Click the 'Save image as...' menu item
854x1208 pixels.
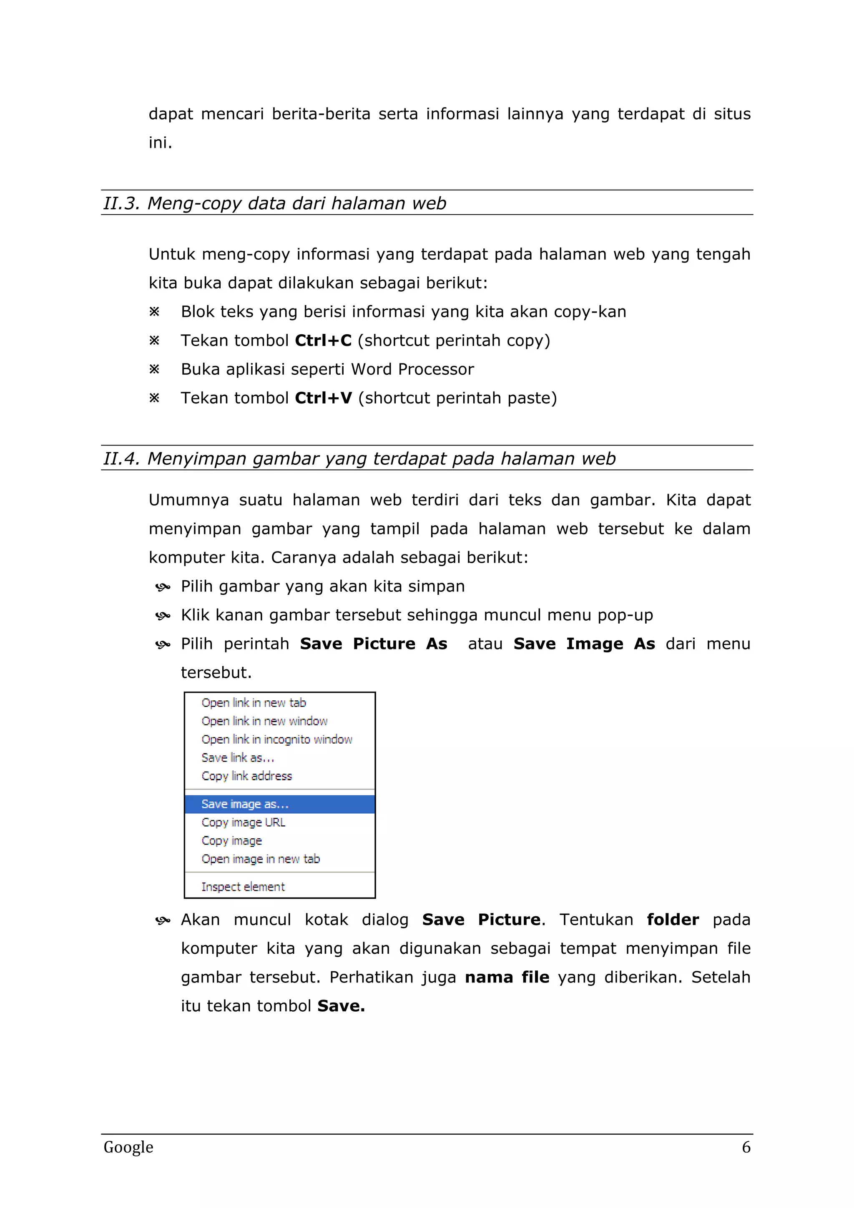tap(245, 804)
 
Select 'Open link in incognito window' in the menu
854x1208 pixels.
tap(277, 739)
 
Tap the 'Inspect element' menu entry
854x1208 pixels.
tap(243, 887)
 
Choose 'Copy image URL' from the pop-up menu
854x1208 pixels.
tap(243, 822)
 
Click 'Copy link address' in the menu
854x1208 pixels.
tap(246, 776)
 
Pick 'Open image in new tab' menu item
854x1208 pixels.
tap(261, 859)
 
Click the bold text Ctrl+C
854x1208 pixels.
tap(323, 341)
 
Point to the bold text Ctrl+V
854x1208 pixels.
tap(323, 398)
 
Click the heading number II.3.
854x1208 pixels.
tap(121, 203)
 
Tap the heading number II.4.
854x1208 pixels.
tap(121, 459)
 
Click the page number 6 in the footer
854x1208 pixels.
tap(746, 1148)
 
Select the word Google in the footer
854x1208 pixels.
tap(128, 1148)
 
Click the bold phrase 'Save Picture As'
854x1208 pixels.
tap(374, 644)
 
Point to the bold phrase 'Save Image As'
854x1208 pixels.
tap(584, 644)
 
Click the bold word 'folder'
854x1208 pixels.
tap(673, 920)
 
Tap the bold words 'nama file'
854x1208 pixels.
tap(507, 977)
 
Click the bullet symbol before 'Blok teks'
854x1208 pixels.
tap(154, 312)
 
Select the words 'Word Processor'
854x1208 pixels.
tap(412, 369)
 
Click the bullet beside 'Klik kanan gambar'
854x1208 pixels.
tap(163, 616)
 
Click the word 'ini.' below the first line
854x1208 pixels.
tap(161, 143)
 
